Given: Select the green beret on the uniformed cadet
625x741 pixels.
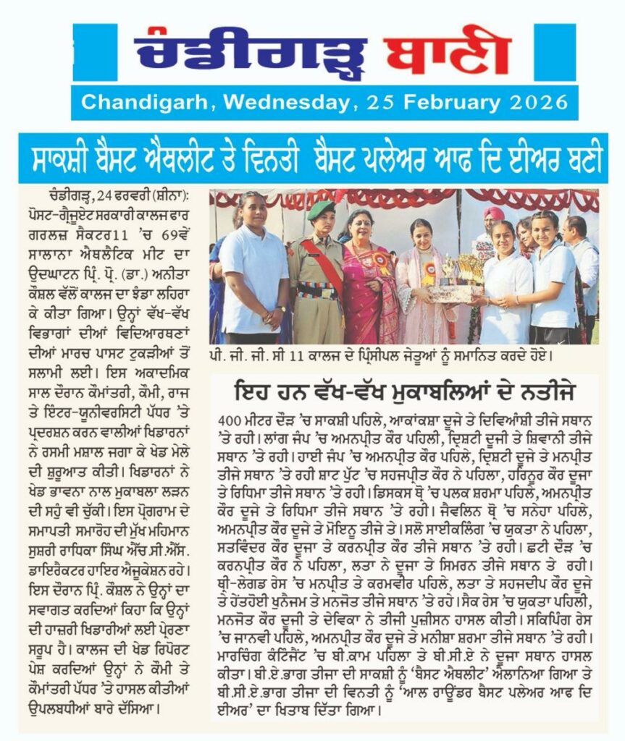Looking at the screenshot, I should tap(319, 210).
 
